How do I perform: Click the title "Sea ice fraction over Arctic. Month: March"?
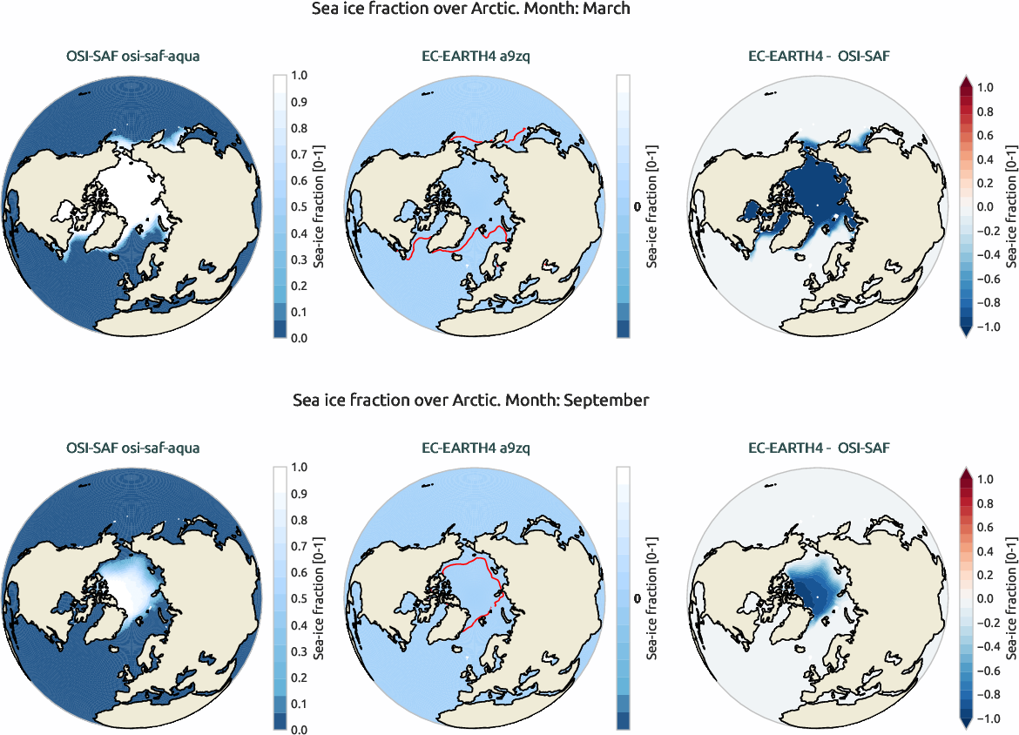[x=470, y=9]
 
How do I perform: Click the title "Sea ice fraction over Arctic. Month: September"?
[x=470, y=401]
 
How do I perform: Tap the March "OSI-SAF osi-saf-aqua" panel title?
[x=132, y=57]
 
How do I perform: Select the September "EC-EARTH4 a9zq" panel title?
[x=470, y=448]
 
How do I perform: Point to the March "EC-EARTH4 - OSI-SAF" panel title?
[x=819, y=57]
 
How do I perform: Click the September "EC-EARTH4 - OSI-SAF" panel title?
[x=819, y=448]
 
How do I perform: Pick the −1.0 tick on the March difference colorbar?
[x=989, y=327]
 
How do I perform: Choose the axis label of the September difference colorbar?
[x=1010, y=598]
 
